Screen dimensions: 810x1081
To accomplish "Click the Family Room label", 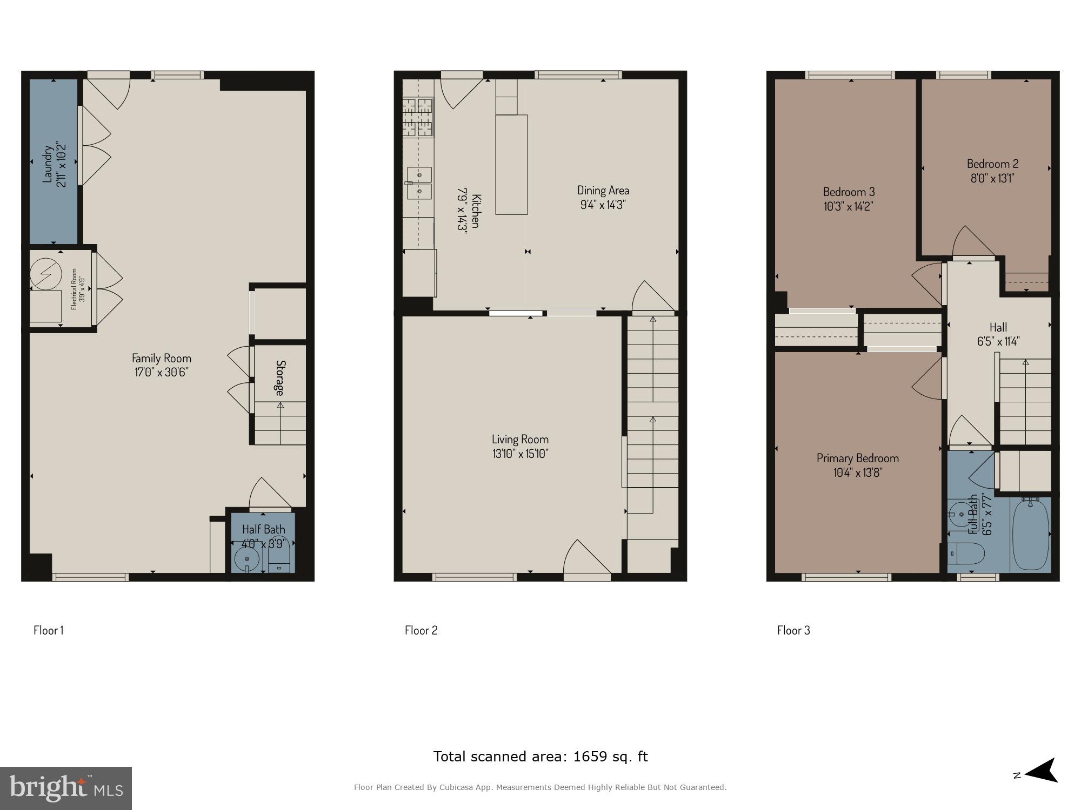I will coord(162,358).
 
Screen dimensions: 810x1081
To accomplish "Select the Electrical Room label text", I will coord(75,289).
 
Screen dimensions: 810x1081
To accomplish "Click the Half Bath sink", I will coord(247,559).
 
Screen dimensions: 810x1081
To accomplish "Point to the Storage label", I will coord(280,377).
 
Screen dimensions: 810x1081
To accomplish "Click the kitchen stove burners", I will coord(418,117).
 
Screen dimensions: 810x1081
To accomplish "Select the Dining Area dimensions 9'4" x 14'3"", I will coord(603,205).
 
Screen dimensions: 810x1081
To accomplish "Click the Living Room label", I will coord(520,440).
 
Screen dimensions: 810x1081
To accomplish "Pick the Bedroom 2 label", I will coord(992,164).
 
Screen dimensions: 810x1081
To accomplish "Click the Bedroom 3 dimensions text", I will coord(849,206).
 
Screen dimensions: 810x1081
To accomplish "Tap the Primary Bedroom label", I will coord(857,458).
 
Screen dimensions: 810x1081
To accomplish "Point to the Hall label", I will coord(998,327).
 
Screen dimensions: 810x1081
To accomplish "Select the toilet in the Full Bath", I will coord(968,553).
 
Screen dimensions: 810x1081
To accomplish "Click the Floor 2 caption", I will coord(421,630).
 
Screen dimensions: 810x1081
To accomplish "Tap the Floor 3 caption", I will coord(793,630).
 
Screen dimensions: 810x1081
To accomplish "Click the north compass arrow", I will coord(1040,770).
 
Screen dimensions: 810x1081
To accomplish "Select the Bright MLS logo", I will coord(66,788).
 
